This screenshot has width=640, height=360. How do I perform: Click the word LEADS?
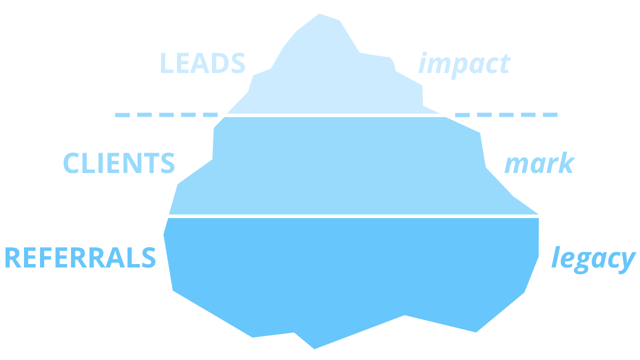click(x=202, y=63)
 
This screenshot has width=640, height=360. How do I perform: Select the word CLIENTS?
click(x=119, y=163)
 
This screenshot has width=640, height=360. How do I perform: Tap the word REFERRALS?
click(x=80, y=257)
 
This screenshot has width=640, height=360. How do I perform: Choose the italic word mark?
click(x=538, y=163)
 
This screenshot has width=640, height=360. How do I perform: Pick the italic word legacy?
click(x=593, y=259)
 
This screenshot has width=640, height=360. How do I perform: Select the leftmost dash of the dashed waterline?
click(x=122, y=115)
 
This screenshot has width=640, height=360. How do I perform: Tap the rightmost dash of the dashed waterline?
click(x=550, y=115)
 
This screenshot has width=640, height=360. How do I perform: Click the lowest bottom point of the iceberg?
click(x=314, y=348)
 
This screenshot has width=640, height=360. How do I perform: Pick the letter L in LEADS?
click(x=166, y=63)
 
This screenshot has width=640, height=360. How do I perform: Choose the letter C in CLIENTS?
click(x=71, y=163)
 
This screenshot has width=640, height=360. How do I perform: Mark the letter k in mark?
click(x=566, y=163)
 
